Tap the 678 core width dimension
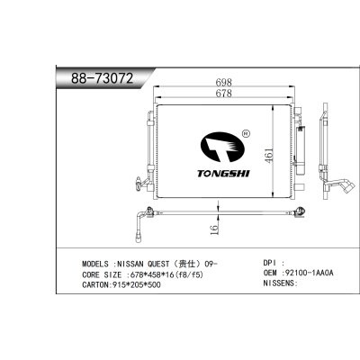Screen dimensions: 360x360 (224, 93)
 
